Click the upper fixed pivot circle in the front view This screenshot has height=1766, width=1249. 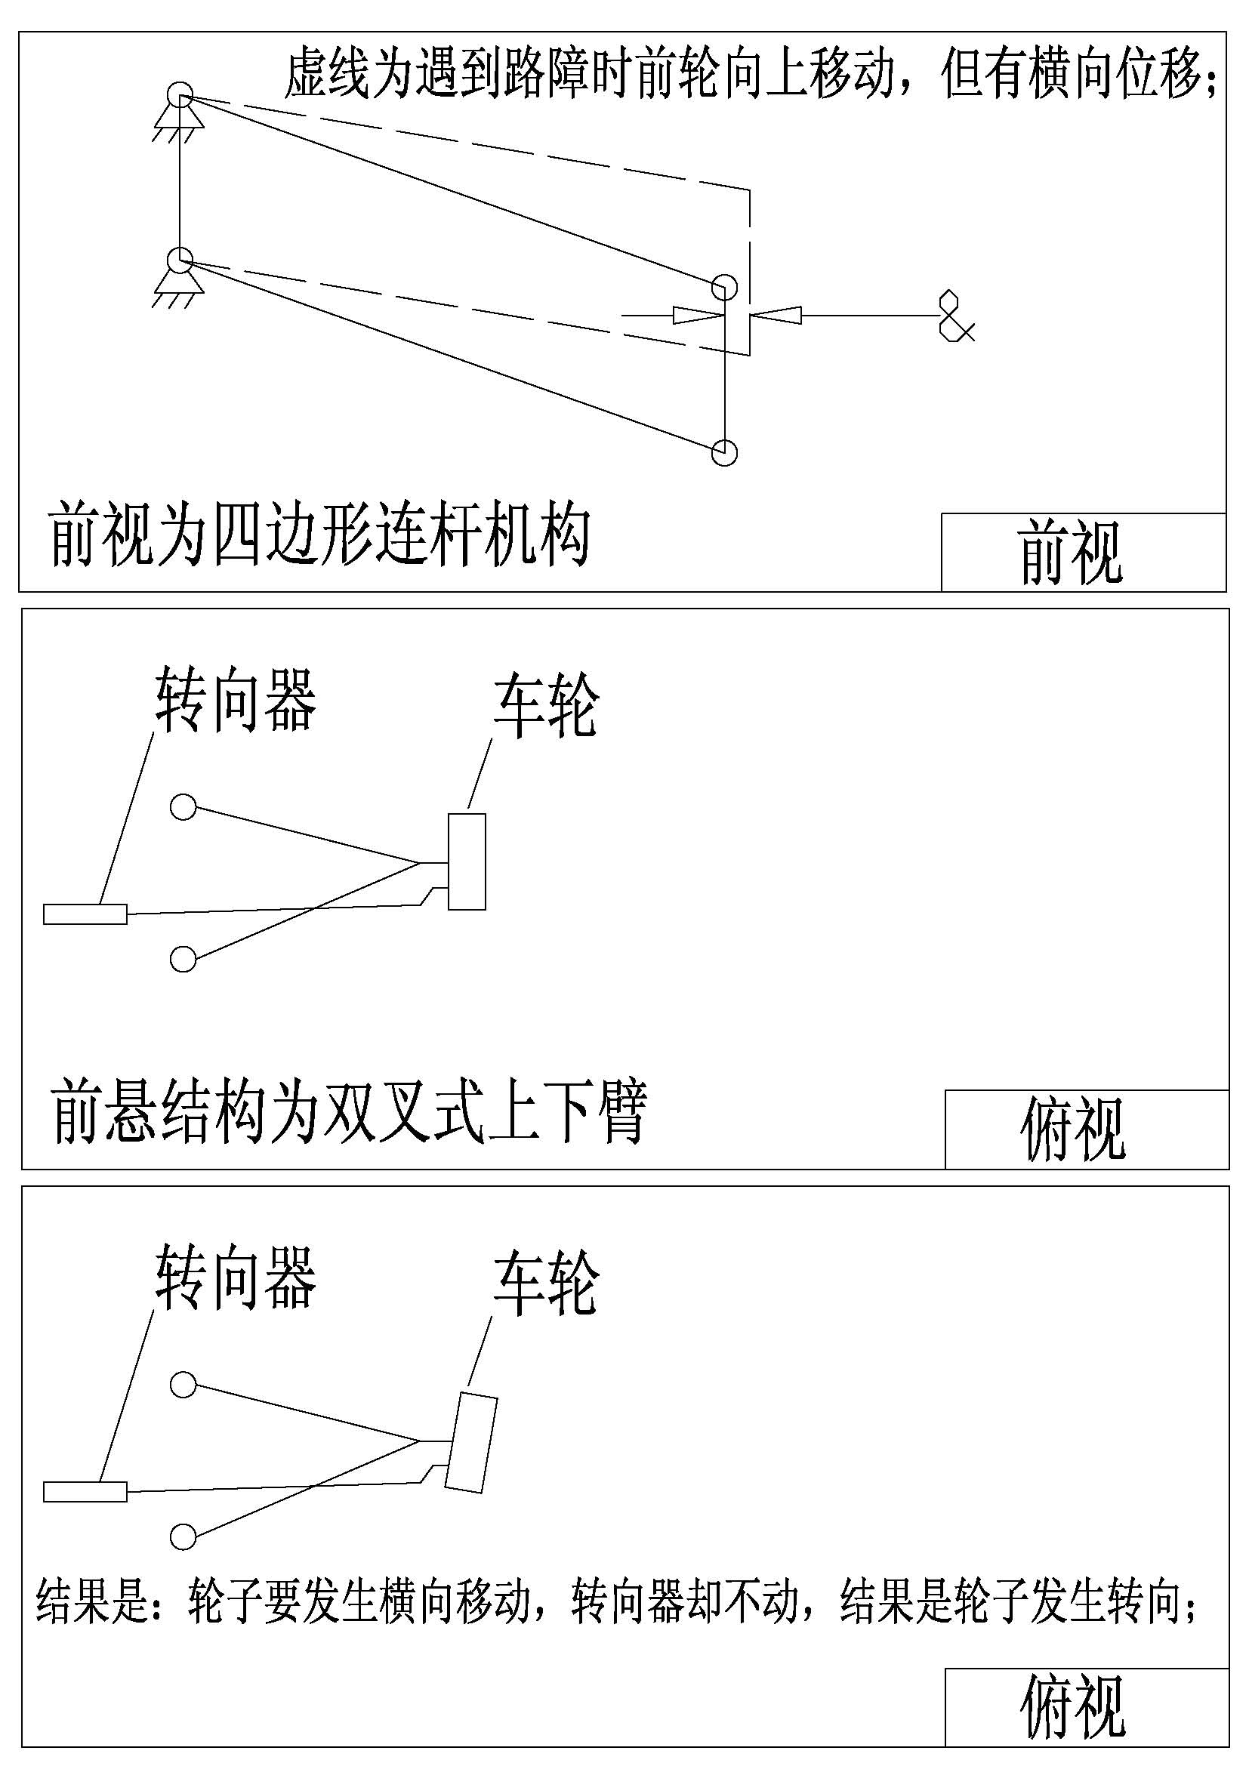point(180,94)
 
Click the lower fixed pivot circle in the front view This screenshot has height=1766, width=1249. point(180,260)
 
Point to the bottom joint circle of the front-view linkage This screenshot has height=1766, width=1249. point(724,452)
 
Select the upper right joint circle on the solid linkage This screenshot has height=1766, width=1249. point(724,287)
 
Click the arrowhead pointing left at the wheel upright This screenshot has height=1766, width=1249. point(777,315)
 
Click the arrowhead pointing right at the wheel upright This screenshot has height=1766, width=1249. point(699,315)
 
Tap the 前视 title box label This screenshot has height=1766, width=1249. point(1072,551)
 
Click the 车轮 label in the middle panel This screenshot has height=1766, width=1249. point(546,705)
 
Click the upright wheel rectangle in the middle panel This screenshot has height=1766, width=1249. point(467,861)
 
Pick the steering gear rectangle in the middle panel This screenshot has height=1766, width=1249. point(85,914)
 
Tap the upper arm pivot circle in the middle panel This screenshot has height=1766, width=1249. point(183,807)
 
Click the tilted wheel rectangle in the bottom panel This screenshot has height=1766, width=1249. point(470,1443)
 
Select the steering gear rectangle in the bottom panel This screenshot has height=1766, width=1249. point(85,1491)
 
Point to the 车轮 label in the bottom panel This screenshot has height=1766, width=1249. point(546,1283)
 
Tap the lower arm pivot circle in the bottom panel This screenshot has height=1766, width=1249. point(183,1536)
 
